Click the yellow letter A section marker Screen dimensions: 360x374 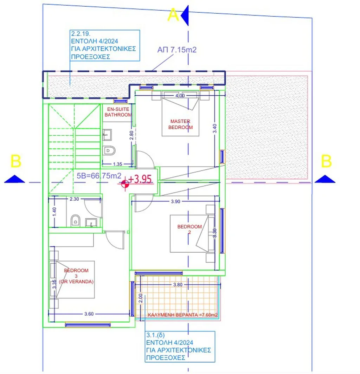point(173,15)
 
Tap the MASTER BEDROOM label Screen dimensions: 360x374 point(180,124)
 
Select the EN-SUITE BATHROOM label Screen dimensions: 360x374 point(118,112)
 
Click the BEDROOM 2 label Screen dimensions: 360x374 point(189,229)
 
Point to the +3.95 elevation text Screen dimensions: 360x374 point(140,179)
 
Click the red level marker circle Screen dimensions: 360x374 point(125,184)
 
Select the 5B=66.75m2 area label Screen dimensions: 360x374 point(99,176)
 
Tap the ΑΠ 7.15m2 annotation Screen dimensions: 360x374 point(177,50)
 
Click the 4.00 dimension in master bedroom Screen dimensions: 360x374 point(180,96)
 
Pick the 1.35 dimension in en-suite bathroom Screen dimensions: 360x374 point(118,164)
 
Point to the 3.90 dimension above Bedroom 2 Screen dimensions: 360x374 point(175,201)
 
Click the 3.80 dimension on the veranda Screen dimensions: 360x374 point(178,285)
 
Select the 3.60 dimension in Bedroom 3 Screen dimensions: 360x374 point(89,314)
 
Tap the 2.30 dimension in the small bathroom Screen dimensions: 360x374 point(74,199)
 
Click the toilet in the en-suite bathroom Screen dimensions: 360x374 point(109,150)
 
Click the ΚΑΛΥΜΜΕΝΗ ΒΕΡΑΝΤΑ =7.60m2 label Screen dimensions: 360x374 point(183,315)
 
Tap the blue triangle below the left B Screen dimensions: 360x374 point(14,179)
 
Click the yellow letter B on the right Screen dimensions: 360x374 point(326,161)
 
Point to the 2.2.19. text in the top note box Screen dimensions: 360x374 point(81,34)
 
